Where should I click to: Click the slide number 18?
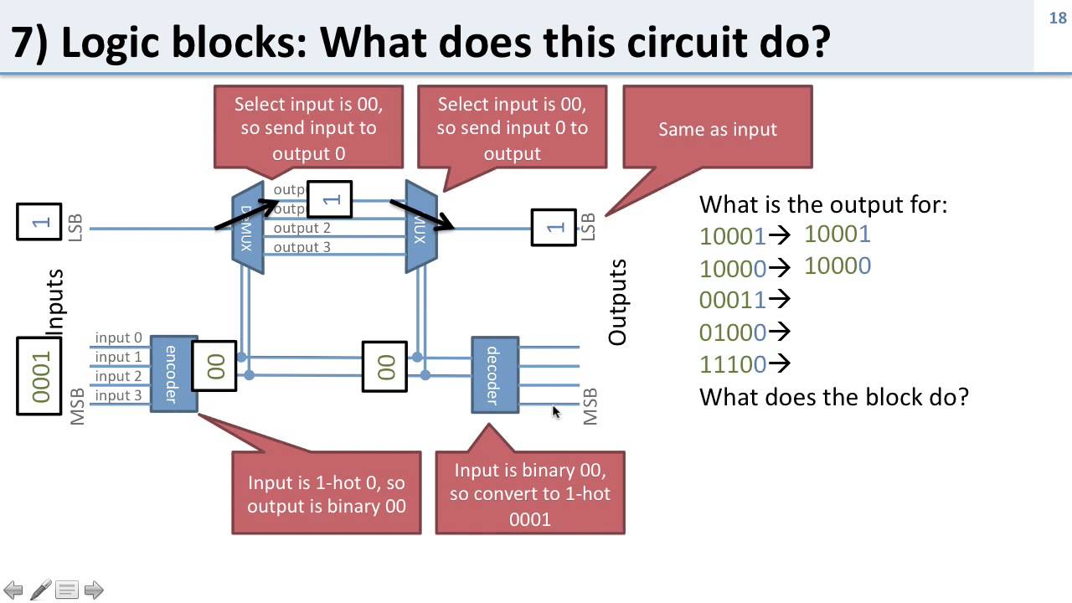[x=1057, y=18]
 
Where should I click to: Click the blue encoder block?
[x=173, y=374]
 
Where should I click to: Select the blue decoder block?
[x=494, y=374]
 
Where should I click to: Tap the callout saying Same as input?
[x=718, y=129]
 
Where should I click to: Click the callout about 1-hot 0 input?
[x=326, y=494]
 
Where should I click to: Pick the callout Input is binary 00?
[x=529, y=493]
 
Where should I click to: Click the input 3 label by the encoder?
[x=118, y=395]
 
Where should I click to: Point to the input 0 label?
[x=118, y=338]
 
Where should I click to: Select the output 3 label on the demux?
[x=301, y=247]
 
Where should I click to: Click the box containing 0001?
[x=39, y=376]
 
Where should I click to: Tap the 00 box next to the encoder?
[x=214, y=366]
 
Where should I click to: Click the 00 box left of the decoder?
[x=384, y=367]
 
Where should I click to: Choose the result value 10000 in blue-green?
[x=837, y=266]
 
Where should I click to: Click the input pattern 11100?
[x=733, y=363]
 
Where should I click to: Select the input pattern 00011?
[x=733, y=299]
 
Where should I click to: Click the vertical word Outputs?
[x=617, y=302]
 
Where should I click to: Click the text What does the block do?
[x=833, y=396]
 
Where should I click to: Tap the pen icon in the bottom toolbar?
[x=40, y=590]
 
